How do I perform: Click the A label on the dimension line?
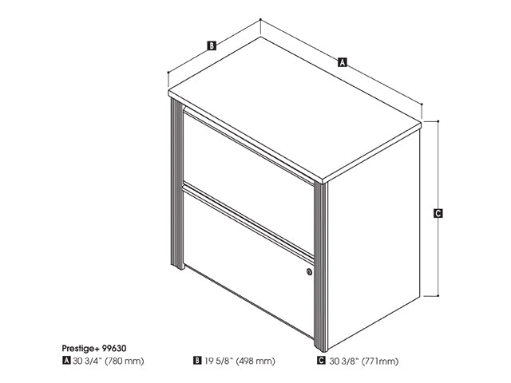point(342,62)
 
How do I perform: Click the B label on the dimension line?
point(212,45)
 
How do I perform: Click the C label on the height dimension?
point(438,213)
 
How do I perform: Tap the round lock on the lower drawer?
point(309,271)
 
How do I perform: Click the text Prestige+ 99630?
point(94,348)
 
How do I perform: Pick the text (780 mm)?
point(125,361)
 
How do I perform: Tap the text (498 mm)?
point(255,361)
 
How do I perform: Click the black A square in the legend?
point(66,361)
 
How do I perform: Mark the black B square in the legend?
point(197,361)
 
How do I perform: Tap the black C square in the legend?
point(321,361)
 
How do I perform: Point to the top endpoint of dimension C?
point(438,121)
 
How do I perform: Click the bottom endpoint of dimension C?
point(438,296)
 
